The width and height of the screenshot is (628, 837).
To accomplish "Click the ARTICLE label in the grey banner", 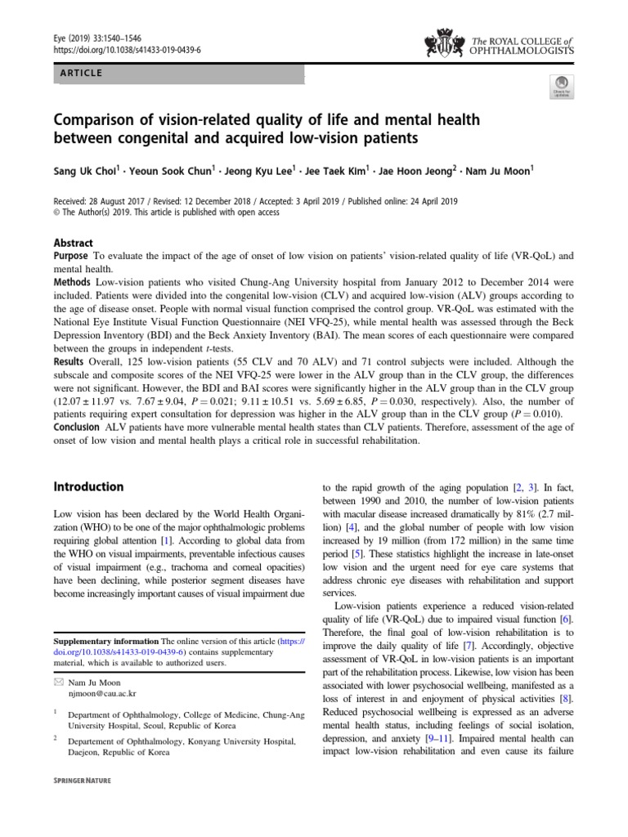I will [80, 73].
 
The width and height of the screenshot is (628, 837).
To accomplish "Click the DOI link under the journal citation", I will [114, 50].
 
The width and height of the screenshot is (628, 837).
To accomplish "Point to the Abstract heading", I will [74, 243].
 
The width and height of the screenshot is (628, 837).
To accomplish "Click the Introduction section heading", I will [88, 486].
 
